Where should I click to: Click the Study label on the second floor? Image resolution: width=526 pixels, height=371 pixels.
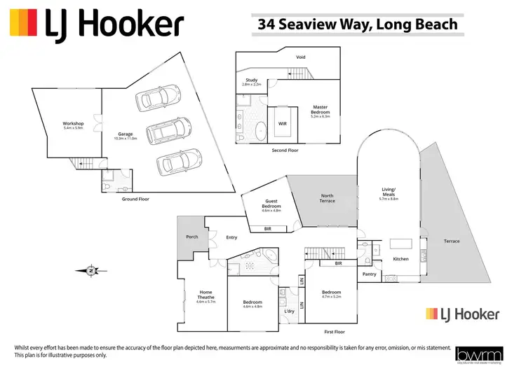[251, 81]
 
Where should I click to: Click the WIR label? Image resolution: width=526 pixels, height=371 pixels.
[283, 123]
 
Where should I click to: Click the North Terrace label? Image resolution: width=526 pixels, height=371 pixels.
[328, 198]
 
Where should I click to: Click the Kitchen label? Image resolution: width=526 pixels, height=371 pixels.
[400, 259]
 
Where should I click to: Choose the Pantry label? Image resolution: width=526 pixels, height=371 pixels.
[370, 274]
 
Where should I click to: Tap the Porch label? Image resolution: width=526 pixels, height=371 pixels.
[191, 237]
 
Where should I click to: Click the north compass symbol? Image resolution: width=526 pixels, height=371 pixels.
[90, 269]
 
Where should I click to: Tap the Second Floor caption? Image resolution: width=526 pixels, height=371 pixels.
[284, 150]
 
